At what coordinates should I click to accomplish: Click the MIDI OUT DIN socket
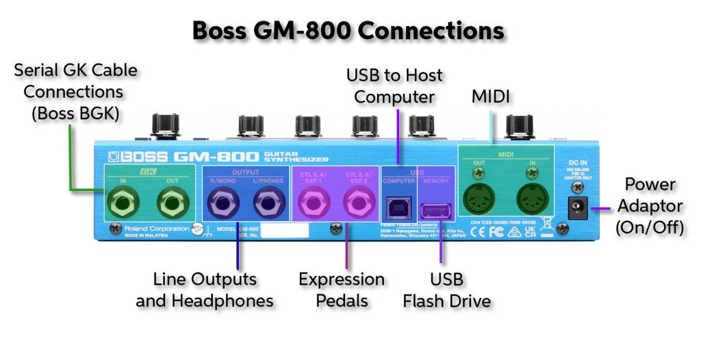click(480, 201)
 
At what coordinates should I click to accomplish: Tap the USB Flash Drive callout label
click(446, 290)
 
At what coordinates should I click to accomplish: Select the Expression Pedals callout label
click(342, 290)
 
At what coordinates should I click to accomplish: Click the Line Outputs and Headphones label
click(205, 290)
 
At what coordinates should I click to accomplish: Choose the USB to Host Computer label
click(394, 86)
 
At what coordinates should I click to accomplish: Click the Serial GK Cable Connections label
click(75, 91)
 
